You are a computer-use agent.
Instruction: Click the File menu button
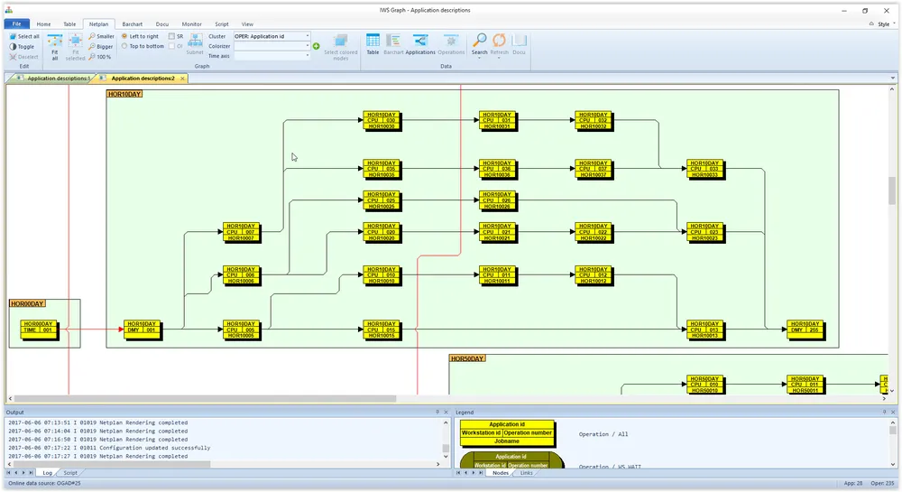point(16,24)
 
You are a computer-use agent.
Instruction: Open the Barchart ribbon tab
point(133,24)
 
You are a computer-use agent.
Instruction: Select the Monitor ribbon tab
point(191,24)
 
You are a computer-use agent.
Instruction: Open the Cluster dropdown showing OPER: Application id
point(272,36)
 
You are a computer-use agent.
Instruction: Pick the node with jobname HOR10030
point(382,120)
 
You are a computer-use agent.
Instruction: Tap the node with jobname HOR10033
point(706,169)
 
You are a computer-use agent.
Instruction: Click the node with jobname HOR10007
point(241,232)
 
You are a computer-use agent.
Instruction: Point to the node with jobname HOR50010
point(706,385)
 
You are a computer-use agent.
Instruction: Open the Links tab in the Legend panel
point(526,473)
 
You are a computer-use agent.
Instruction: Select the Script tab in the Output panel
point(69,473)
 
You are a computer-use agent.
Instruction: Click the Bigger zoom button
point(101,46)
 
